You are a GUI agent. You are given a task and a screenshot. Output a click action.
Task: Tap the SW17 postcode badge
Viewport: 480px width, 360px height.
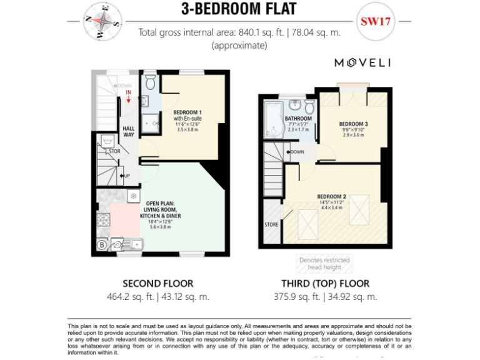click(x=376, y=21)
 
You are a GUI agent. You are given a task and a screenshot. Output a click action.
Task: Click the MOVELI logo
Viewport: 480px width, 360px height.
click(x=362, y=62)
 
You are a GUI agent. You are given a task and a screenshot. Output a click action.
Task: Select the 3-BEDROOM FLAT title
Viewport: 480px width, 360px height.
click(x=239, y=9)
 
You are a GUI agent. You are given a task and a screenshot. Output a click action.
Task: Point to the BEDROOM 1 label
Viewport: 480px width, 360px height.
click(x=187, y=112)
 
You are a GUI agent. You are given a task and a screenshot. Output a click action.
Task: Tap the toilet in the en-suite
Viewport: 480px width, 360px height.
click(x=151, y=83)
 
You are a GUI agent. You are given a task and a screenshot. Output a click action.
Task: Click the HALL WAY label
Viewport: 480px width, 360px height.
click(x=128, y=131)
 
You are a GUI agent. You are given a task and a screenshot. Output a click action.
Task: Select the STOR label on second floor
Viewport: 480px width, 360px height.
click(x=114, y=151)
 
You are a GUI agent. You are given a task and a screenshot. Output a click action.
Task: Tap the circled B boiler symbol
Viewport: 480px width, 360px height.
click(x=101, y=244)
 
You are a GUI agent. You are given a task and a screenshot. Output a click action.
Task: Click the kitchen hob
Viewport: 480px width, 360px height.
click(x=103, y=220)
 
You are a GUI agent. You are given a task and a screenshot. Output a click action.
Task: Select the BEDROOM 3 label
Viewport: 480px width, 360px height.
click(x=353, y=124)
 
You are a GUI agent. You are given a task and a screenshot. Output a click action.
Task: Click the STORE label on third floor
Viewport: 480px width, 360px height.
click(x=271, y=224)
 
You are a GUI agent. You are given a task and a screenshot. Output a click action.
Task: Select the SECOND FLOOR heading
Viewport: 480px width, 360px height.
click(x=157, y=283)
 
